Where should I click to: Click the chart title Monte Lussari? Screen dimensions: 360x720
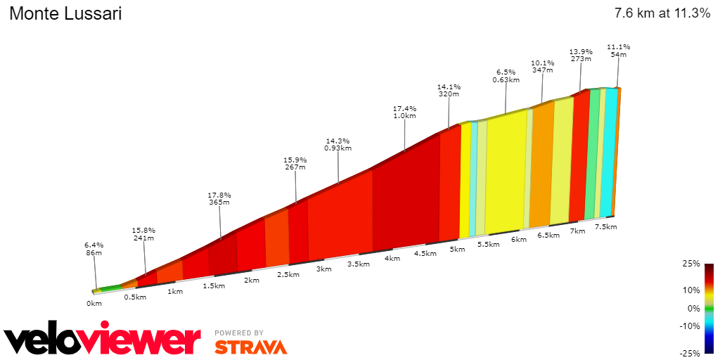tap(65, 13)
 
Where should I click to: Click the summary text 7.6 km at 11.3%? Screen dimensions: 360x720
tap(662, 13)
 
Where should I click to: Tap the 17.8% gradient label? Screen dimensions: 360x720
tap(219, 195)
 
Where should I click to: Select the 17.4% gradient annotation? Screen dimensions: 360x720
tap(405, 109)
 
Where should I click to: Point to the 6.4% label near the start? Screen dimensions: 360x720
tap(94, 245)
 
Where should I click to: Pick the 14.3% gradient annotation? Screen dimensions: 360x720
tap(337, 140)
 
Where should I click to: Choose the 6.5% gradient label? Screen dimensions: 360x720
tap(506, 72)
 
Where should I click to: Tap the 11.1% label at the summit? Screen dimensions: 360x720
tap(619, 46)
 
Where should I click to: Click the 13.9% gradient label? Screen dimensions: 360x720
tap(581, 51)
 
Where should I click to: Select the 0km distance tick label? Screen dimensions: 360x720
tap(94, 303)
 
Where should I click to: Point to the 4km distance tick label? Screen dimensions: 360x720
tap(392, 258)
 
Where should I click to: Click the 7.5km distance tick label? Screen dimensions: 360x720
tap(605, 226)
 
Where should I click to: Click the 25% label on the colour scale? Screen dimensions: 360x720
tap(691, 264)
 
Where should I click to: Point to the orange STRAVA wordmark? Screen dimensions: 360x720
tap(251, 347)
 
